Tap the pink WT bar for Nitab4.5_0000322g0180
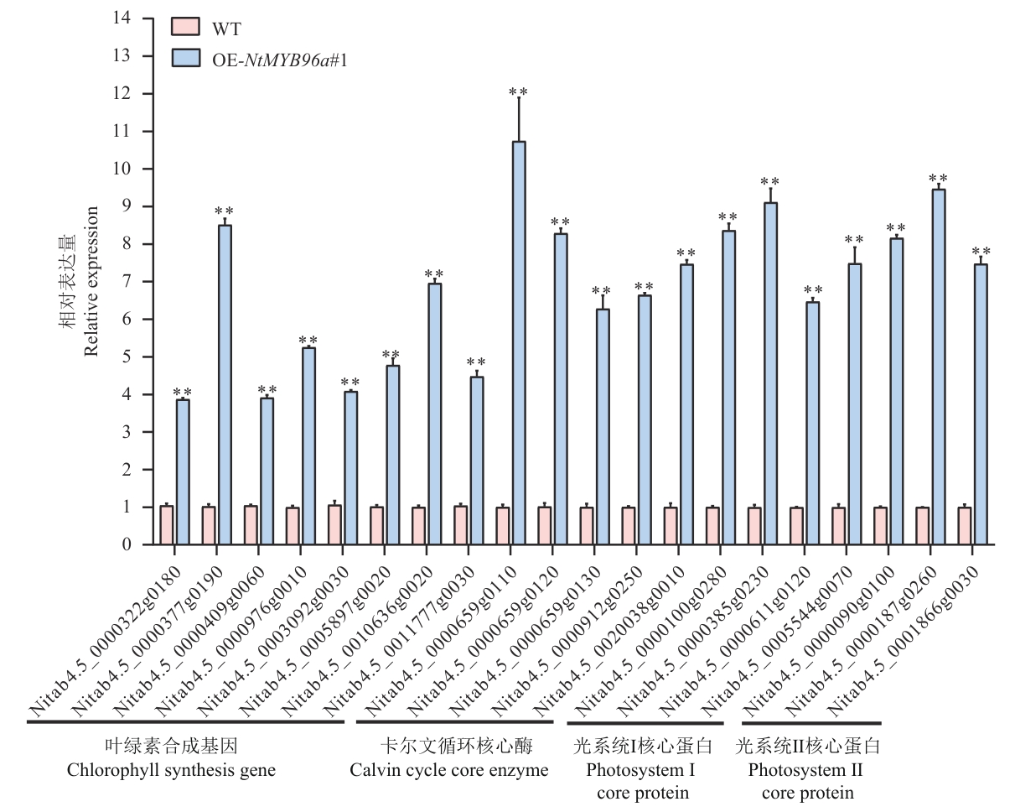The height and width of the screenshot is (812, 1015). (x=167, y=525)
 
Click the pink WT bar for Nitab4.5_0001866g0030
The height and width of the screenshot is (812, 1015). (x=965, y=526)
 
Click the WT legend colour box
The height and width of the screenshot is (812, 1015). (x=185, y=27)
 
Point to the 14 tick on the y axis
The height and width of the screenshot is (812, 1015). (x=148, y=18)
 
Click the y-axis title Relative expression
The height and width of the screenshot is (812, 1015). (x=91, y=281)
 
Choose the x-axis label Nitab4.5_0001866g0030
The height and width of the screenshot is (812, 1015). (x=901, y=638)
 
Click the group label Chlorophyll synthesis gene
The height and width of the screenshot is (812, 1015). (x=171, y=770)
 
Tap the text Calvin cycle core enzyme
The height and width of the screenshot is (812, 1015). (x=449, y=770)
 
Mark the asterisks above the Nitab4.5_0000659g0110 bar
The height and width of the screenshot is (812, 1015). (x=518, y=91)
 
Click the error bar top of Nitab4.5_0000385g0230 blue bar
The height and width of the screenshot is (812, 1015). (x=770, y=189)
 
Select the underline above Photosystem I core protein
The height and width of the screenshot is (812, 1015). (x=645, y=722)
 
